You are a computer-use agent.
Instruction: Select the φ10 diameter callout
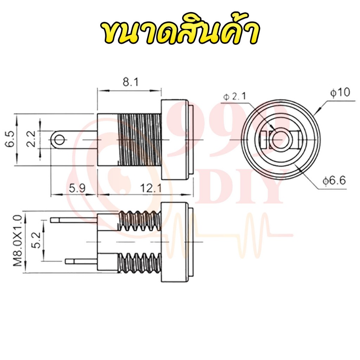click(340, 92)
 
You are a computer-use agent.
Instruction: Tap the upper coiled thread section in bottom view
click(140, 221)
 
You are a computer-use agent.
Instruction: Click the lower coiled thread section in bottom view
click(140, 263)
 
